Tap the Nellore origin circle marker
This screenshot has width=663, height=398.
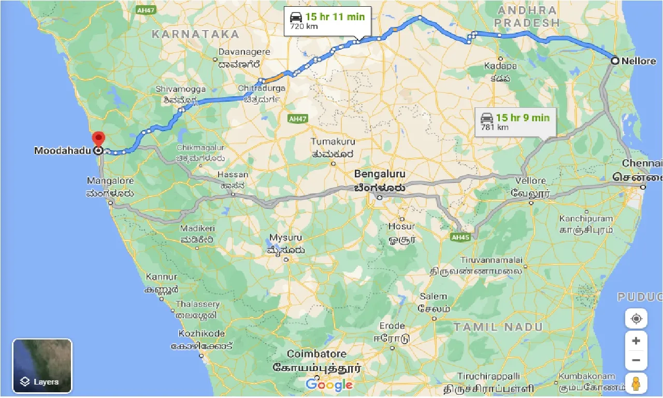pyautogui.click(x=615, y=61)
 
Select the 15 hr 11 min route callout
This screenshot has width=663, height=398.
pyautogui.click(x=327, y=21)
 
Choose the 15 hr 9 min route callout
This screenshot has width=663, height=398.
pyautogui.click(x=515, y=122)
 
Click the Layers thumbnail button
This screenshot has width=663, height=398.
pyautogui.click(x=42, y=366)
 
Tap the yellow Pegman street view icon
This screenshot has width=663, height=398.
pyautogui.click(x=636, y=384)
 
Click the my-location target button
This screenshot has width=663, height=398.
pyautogui.click(x=636, y=318)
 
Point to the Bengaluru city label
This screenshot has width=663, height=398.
pyautogui.click(x=380, y=174)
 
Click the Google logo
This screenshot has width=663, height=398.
pyautogui.click(x=329, y=385)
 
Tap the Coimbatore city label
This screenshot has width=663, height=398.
pyautogui.click(x=316, y=354)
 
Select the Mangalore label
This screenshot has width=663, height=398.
pyautogui.click(x=110, y=181)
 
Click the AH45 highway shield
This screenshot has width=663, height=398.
pyautogui.click(x=460, y=237)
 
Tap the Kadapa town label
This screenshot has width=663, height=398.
pyautogui.click(x=500, y=66)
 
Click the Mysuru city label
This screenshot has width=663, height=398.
pyautogui.click(x=285, y=237)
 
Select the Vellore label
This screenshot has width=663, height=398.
pyautogui.click(x=531, y=181)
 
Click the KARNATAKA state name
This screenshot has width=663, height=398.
pyautogui.click(x=195, y=35)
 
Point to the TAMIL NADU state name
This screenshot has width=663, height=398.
pyautogui.click(x=498, y=327)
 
